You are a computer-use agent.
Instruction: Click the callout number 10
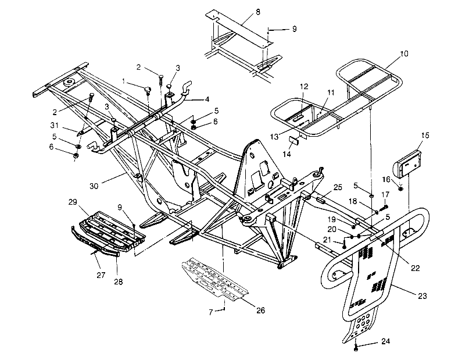coord(404,54)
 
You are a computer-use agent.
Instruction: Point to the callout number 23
coord(422,296)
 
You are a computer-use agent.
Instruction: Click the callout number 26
coord(260,311)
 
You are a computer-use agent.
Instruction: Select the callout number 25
coord(338,188)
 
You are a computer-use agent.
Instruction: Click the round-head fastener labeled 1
coord(147,89)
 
